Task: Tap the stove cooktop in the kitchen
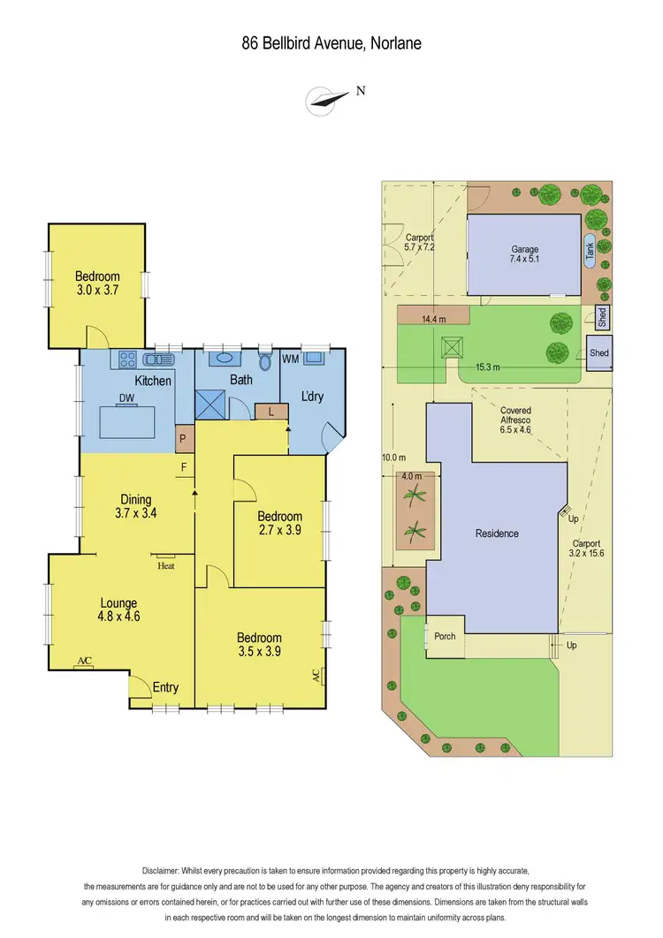point(127,359)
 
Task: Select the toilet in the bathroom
point(264,360)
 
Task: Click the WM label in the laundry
point(291,359)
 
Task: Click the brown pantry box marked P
point(184,436)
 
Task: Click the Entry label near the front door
point(165,687)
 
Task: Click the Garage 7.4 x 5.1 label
point(524,255)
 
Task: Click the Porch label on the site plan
point(444,637)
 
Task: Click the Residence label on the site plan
point(497,533)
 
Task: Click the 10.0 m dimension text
point(394,458)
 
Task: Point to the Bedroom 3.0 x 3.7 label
point(96,282)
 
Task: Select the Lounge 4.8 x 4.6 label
point(119,610)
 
